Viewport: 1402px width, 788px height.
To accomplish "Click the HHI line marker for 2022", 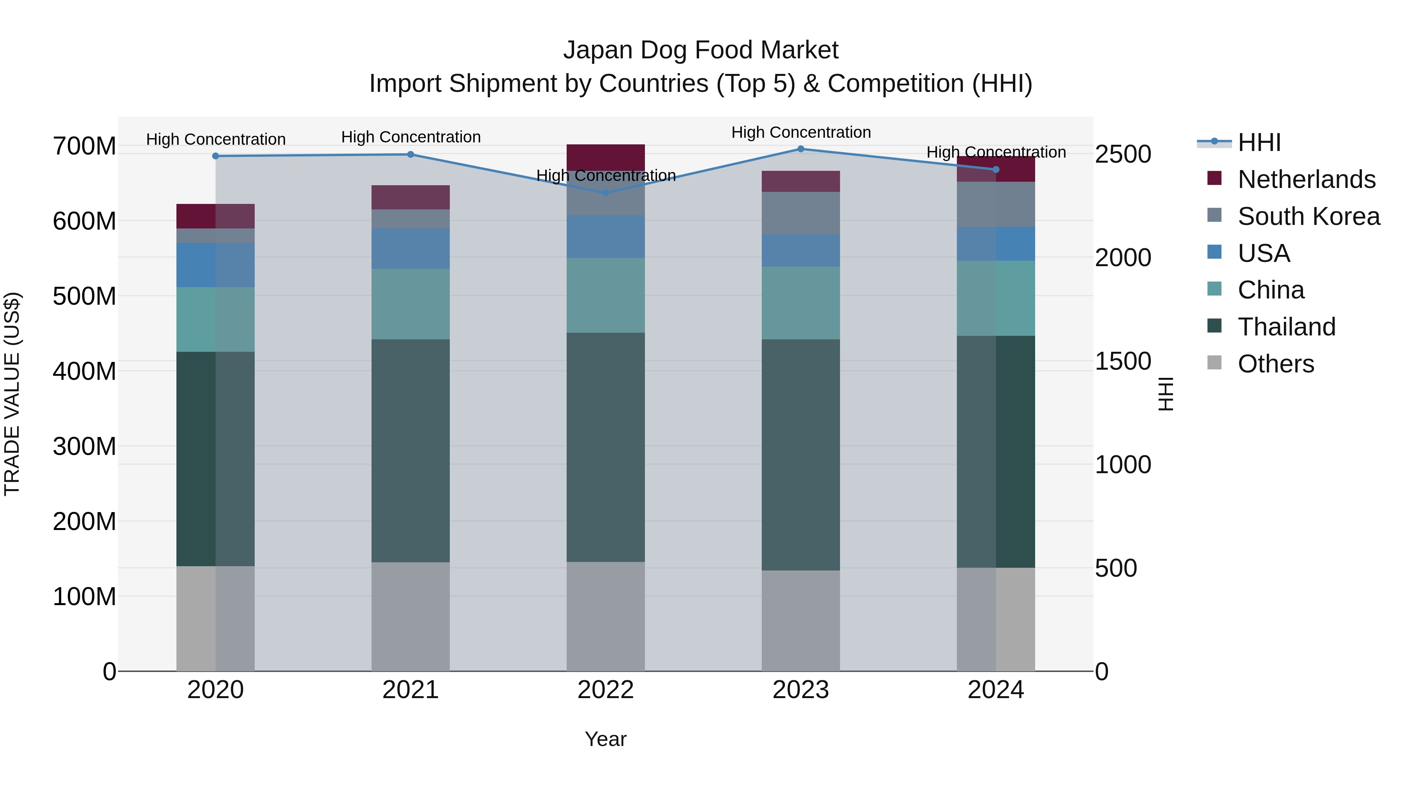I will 606,193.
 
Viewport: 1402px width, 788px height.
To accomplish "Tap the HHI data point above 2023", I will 801,149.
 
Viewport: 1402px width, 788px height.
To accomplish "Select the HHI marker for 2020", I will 215,156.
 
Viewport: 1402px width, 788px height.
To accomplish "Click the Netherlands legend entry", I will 1306,179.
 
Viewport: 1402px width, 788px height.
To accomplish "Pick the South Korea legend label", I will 1309,216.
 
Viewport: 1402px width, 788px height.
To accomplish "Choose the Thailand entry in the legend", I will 1286,327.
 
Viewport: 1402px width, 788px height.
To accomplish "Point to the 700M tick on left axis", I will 85,146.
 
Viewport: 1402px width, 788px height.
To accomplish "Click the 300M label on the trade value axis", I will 85,446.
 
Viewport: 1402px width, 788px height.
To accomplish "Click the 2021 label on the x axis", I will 410,690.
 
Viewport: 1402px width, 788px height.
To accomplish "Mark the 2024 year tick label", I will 995,690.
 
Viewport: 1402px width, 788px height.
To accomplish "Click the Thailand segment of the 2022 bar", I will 606,447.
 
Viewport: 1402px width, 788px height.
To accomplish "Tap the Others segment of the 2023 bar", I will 801,621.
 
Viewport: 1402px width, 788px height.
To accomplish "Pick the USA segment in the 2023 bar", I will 801,251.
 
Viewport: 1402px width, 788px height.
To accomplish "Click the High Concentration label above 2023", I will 801,132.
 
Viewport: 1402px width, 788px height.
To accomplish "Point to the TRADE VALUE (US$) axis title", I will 12,394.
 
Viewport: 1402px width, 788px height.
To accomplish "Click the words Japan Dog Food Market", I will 701,50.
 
